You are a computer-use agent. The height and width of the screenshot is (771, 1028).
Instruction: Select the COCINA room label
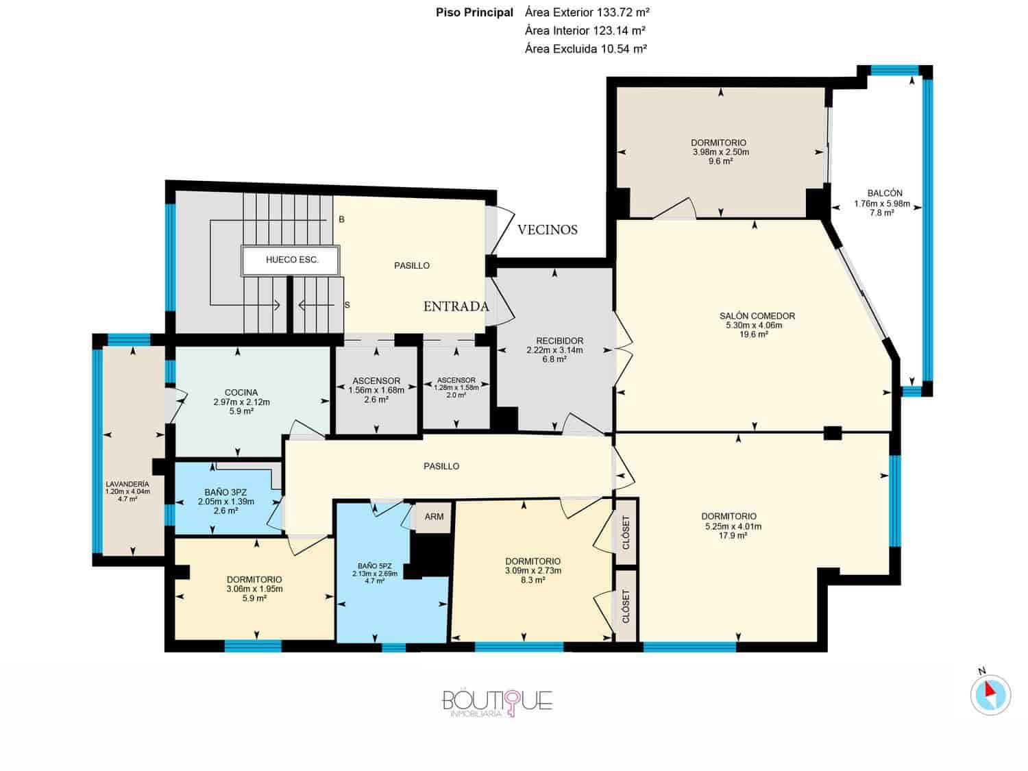[241, 393]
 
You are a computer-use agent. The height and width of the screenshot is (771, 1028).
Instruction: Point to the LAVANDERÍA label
[127, 483]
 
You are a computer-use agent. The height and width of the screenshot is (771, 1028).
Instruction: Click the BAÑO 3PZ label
[225, 492]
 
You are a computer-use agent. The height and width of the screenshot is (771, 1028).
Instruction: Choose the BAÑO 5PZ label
[374, 566]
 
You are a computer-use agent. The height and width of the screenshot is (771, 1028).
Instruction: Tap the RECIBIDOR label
[559, 341]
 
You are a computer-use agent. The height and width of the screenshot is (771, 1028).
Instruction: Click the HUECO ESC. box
[292, 260]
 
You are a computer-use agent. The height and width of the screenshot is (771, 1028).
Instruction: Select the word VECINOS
[547, 230]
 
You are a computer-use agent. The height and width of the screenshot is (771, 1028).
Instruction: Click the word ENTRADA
[456, 306]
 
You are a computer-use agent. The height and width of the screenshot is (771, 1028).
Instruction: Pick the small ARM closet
[434, 517]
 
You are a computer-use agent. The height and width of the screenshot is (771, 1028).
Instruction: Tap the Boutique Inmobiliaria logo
[497, 702]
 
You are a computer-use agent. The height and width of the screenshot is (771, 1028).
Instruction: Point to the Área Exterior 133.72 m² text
[587, 12]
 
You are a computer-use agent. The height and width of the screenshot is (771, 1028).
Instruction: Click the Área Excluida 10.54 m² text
[586, 49]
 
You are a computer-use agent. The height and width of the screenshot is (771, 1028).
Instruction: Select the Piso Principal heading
[474, 12]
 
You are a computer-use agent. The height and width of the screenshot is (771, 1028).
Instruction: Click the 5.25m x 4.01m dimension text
[729, 526]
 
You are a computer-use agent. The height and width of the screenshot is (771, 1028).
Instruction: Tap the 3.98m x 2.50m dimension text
[720, 152]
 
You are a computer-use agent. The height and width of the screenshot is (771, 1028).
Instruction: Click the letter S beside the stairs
[347, 305]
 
